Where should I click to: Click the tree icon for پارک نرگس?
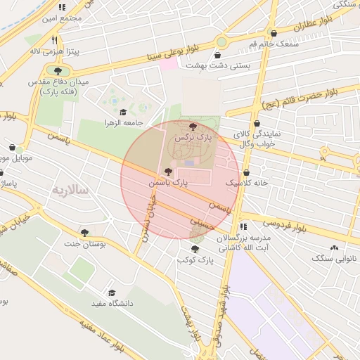coord(193,126)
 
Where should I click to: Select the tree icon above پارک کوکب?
coord(195,249)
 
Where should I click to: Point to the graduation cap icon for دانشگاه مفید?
coord(111,292)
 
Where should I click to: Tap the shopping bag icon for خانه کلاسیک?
coord(246,172)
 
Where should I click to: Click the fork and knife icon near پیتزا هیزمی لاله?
coord(56,40)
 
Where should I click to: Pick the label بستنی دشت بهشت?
coord(219,65)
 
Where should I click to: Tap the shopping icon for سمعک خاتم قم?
coord(274,33)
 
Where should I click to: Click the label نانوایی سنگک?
coord(335,258)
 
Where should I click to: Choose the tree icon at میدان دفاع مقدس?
coord(57,70)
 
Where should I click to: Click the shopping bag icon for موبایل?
coord(13,148)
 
